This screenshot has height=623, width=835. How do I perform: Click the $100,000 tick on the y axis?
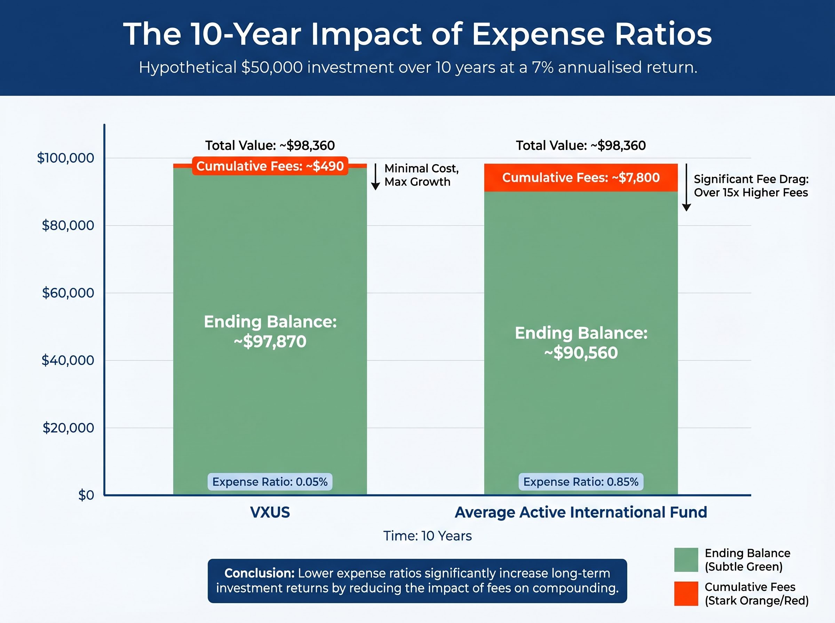coord(66,158)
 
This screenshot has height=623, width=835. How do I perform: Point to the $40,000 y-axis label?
coord(67,361)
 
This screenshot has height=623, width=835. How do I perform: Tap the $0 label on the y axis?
coord(86,495)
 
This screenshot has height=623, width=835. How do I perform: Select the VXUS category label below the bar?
coord(270,512)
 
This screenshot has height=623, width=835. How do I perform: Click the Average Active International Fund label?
coord(580,512)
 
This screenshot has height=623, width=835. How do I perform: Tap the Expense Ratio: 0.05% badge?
coord(270,482)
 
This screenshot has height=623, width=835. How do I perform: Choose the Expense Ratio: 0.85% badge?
coord(581,482)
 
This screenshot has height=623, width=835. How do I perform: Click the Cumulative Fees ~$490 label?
coord(270,166)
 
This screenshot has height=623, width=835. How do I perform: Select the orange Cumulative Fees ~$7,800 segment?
coord(581,178)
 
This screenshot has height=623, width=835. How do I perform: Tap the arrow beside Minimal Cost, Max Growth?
coord(375,177)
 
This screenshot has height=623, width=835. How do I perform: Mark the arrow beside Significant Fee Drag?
coord(686,187)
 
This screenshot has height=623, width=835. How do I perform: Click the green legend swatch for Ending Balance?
coord(686,560)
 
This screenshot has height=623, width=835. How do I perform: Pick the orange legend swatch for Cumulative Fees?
coord(686,593)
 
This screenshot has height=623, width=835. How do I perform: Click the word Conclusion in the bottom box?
coord(259,573)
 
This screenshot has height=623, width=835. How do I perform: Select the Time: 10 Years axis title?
coord(428,536)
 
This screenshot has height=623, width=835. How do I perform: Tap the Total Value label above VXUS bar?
coord(270,146)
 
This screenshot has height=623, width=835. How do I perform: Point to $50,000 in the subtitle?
coord(272,67)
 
